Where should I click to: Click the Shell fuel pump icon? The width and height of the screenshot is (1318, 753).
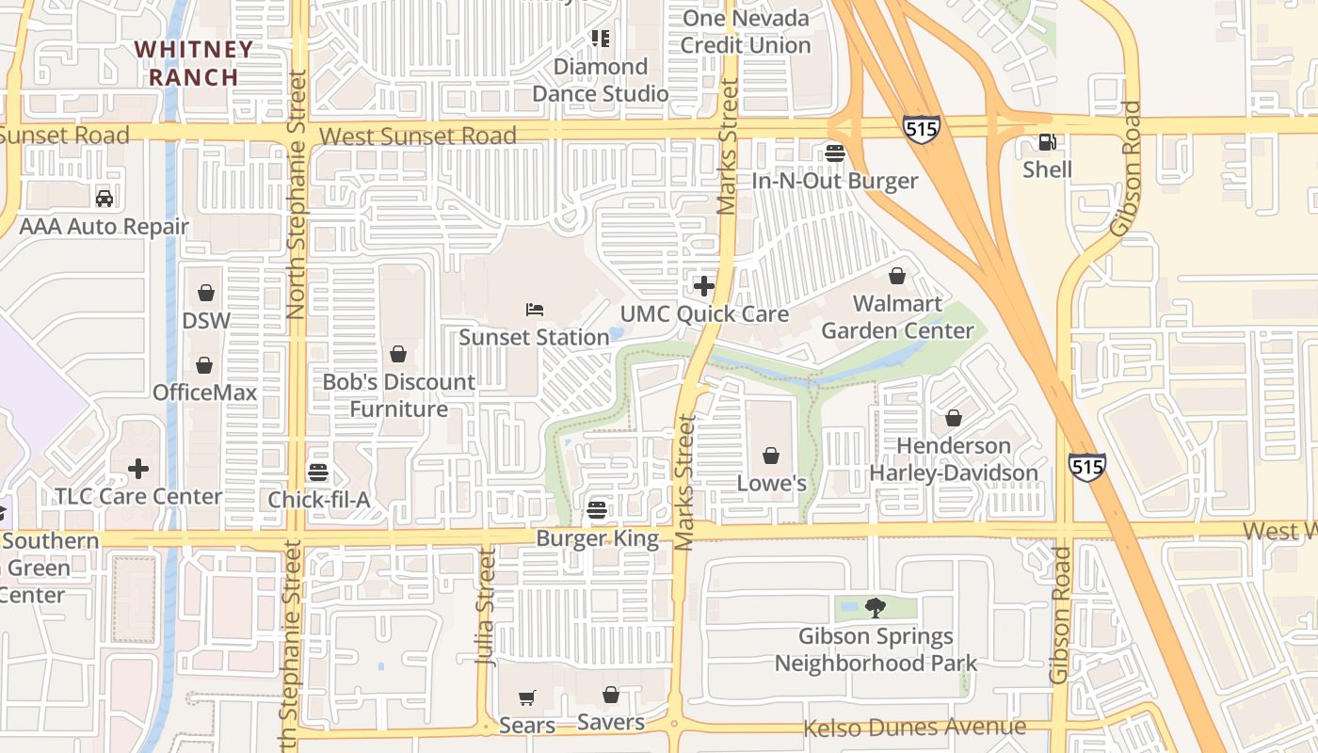(x=1047, y=143)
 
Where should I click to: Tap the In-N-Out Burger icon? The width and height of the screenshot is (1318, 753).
(x=834, y=152)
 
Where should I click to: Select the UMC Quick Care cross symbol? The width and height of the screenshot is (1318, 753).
(x=703, y=285)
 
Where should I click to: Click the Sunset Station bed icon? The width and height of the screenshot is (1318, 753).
(x=535, y=309)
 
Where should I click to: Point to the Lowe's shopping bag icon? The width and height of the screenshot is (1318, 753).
(x=771, y=457)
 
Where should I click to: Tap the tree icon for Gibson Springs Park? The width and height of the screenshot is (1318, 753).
(x=876, y=608)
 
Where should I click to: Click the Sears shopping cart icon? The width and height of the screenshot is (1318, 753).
(x=527, y=697)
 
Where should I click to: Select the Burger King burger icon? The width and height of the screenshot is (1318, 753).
(x=597, y=510)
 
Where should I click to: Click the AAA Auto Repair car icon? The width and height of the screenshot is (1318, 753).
(x=104, y=199)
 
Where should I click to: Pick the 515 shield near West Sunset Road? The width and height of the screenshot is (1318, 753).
(x=921, y=129)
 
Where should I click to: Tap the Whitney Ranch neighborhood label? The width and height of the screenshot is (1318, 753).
(x=193, y=63)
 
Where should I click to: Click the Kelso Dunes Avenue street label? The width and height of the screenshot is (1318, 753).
(x=914, y=728)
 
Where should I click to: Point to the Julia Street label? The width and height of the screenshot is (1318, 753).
(x=486, y=607)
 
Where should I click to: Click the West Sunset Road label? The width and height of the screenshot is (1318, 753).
(x=417, y=136)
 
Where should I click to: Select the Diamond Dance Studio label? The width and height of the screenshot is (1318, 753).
(x=601, y=80)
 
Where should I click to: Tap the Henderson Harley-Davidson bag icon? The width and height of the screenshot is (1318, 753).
(x=954, y=418)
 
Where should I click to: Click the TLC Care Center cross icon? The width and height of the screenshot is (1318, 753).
(x=138, y=469)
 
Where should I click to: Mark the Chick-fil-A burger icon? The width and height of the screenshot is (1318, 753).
(x=318, y=472)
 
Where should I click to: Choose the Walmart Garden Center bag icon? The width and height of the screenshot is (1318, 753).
(x=897, y=276)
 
